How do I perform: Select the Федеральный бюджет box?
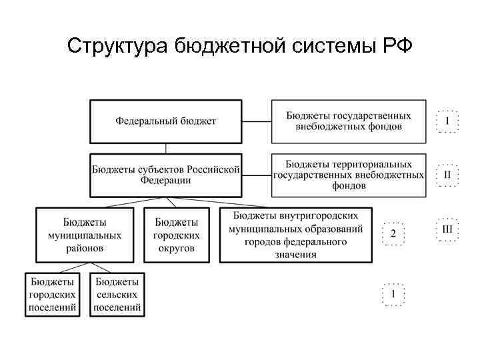(165, 121)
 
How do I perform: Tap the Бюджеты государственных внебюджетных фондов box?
(348, 121)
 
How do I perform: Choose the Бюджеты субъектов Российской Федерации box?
(165, 175)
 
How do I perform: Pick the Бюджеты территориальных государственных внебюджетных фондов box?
(348, 175)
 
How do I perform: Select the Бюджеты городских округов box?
(176, 235)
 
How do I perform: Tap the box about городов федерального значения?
(296, 235)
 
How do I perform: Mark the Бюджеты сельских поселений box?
(117, 294)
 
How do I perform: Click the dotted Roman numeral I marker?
(447, 121)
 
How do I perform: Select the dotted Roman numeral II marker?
(447, 175)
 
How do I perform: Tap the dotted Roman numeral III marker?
(447, 229)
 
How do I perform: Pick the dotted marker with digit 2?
(393, 233)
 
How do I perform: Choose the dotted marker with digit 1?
(393, 294)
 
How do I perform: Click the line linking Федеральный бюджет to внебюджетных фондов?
(256, 121)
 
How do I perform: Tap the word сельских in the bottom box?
(117, 294)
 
